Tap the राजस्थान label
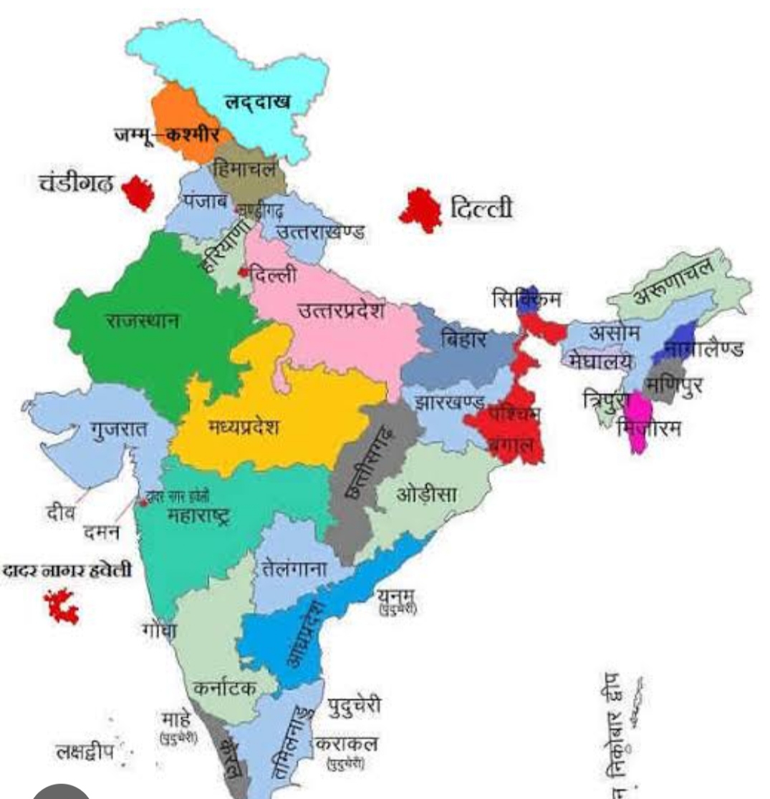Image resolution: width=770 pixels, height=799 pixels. coord(143,319)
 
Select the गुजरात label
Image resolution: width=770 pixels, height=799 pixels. coord(118,430)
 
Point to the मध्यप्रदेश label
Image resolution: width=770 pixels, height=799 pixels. coord(244,427)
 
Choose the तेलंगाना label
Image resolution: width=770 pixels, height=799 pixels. coord(294,569)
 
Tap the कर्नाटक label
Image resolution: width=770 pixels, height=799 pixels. coord(225,688)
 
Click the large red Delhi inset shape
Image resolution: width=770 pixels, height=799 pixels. coord(420,210)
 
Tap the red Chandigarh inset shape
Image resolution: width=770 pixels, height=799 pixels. coord(138,193)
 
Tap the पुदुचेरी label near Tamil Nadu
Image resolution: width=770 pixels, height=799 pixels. coord(355,707)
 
